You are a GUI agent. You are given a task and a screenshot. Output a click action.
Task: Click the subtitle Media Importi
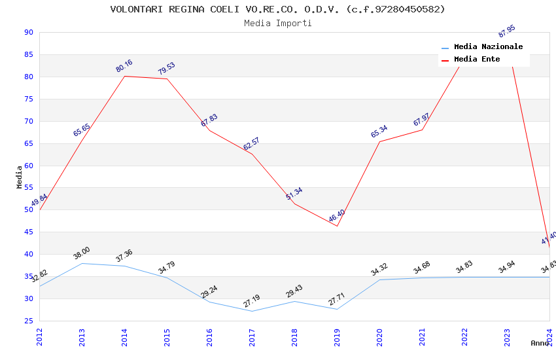(x=277, y=23)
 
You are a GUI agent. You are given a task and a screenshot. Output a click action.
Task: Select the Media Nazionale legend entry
(x=488, y=46)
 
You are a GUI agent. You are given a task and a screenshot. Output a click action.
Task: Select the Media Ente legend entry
(x=477, y=59)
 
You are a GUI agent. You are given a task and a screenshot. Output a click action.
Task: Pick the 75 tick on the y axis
(x=28, y=99)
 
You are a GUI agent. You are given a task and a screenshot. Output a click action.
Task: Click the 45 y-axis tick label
(x=28, y=232)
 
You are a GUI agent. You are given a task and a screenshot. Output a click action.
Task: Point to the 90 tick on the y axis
(x=28, y=33)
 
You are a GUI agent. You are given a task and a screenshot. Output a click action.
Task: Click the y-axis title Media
(x=19, y=177)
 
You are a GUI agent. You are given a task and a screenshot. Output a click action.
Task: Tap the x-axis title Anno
(x=540, y=343)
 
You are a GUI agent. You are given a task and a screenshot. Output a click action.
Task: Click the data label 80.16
(x=124, y=66)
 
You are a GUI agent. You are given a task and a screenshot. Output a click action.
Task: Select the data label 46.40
(x=336, y=215)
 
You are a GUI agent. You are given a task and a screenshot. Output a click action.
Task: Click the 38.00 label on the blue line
(x=82, y=253)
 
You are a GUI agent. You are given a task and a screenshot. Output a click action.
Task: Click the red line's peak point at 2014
(x=124, y=76)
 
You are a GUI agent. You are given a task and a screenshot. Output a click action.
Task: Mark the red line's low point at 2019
(x=337, y=226)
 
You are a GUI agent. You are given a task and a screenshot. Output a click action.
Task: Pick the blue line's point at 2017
(x=252, y=311)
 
